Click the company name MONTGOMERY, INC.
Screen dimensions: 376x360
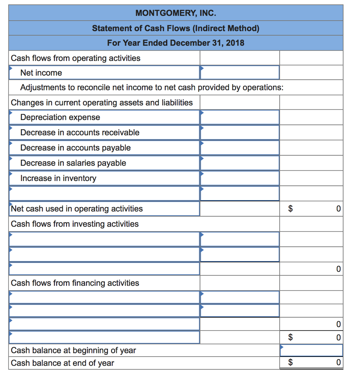(175, 14)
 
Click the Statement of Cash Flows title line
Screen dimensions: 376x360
(175, 28)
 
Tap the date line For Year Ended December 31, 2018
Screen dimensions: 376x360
(175, 43)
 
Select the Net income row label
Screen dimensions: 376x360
(41, 73)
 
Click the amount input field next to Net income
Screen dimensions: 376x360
(239, 72)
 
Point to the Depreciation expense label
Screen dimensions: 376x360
(60, 117)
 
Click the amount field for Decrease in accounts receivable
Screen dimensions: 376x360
(239, 133)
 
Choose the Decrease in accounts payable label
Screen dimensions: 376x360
(75, 148)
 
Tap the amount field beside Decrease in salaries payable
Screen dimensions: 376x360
(239, 163)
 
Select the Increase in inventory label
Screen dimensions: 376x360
(58, 178)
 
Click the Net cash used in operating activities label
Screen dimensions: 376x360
(77, 209)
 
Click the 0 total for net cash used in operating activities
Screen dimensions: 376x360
(338, 209)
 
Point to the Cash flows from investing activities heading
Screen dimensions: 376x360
(75, 224)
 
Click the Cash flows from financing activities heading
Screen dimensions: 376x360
(75, 283)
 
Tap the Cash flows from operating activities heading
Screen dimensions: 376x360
(76, 58)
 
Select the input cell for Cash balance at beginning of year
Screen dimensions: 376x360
(311, 350)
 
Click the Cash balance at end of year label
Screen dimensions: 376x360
(62, 363)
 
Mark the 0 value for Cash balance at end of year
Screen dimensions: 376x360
(338, 363)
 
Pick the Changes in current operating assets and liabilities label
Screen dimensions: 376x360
(102, 102)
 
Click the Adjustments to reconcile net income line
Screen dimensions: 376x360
(152, 87)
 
